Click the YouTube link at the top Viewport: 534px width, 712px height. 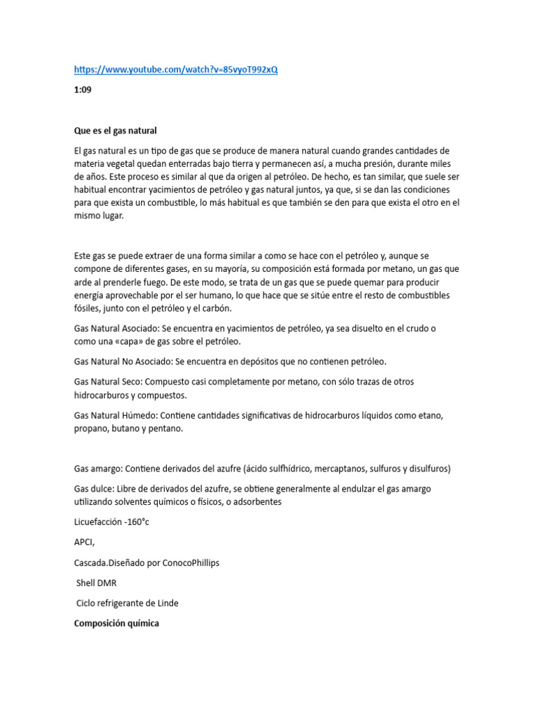pyautogui.click(x=175, y=70)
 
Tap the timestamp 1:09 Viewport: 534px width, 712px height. pyautogui.click(x=83, y=90)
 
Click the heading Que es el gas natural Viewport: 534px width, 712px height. pyautogui.click(x=115, y=130)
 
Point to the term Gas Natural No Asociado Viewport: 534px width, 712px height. pyautogui.click(x=122, y=362)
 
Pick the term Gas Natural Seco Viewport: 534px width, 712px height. pyautogui.click(x=108, y=382)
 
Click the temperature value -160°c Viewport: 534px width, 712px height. pyautogui.click(x=139, y=523)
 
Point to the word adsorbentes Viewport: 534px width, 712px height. pyautogui.click(x=256, y=502)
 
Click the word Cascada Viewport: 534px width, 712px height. pyautogui.click(x=92, y=563)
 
